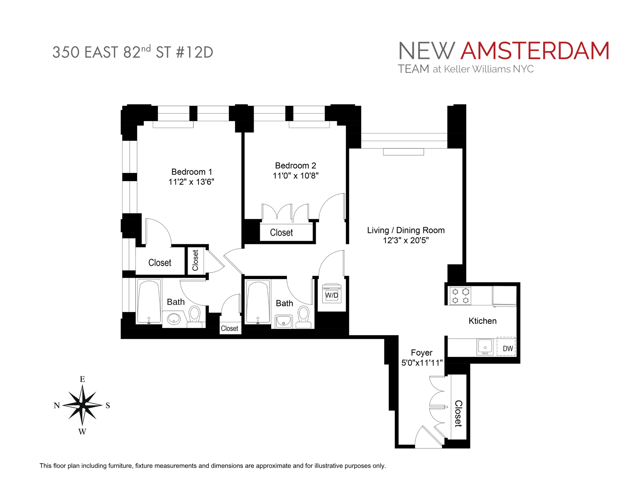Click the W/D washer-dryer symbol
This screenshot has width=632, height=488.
click(332, 295)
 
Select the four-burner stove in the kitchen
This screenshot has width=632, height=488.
click(460, 296)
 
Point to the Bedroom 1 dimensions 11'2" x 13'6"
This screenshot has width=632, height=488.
click(191, 182)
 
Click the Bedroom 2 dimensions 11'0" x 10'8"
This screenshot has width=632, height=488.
click(295, 176)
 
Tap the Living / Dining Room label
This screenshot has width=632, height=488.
click(406, 230)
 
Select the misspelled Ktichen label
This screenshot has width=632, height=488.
click(482, 321)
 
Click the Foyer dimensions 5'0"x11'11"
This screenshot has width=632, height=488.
click(422, 363)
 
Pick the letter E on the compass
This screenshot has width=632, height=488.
click(82, 379)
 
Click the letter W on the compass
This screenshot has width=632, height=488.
click(82, 432)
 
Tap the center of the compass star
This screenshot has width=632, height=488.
click(82, 405)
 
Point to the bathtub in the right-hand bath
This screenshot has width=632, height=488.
click(258, 301)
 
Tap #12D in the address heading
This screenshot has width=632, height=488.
click(195, 52)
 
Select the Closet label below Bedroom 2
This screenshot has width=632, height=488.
click(281, 233)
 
